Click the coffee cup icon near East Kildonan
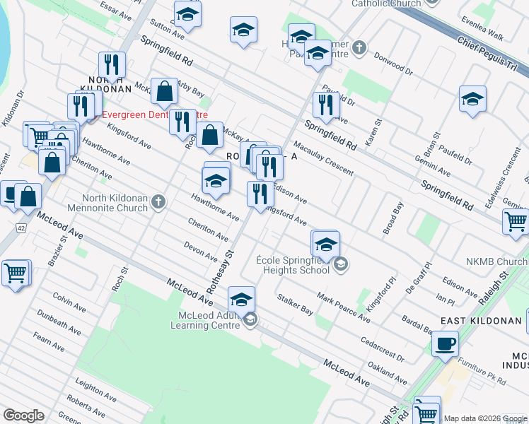(x=444, y=344)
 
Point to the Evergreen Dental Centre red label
(x=156, y=114)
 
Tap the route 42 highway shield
(x=21, y=228)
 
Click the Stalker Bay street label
(x=296, y=304)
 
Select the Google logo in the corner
(x=23, y=416)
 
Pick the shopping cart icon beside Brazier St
(x=16, y=272)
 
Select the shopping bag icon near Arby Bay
(x=165, y=91)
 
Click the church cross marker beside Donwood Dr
(x=359, y=48)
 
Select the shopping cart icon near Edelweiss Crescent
(x=516, y=221)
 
